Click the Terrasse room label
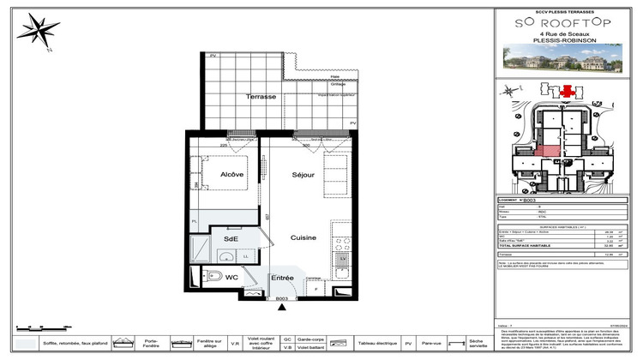click(261, 97)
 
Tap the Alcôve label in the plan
click(232, 174)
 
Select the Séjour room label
click(303, 174)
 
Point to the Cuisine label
click(303, 237)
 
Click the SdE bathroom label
click(231, 239)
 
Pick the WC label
click(231, 277)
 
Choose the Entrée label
click(283, 278)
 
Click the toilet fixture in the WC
click(210, 276)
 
